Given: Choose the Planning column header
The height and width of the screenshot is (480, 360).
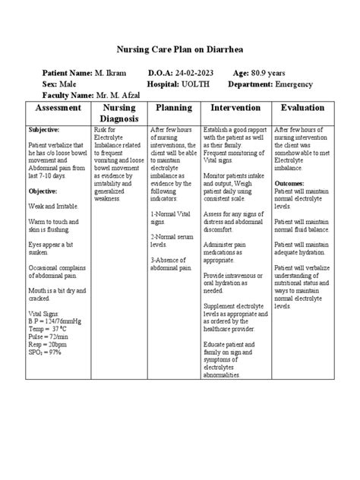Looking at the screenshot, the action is (172, 109).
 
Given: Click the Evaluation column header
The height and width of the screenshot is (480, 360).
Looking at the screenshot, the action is (302, 109).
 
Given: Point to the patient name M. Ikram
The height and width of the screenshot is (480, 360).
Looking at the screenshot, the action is (109, 71).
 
